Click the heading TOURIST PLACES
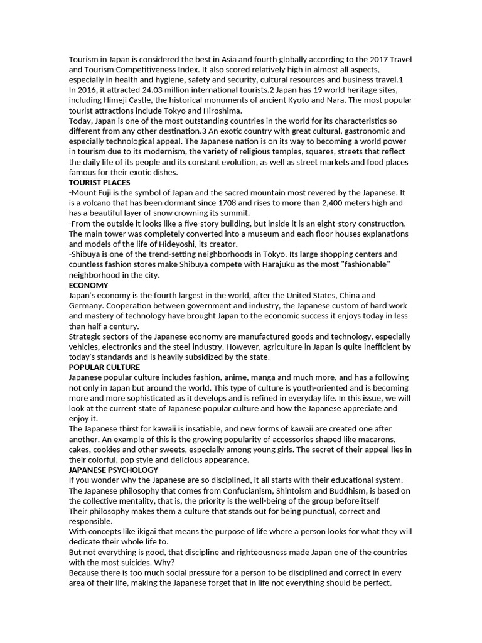(x=99, y=183)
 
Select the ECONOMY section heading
(x=88, y=285)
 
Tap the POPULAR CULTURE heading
(x=104, y=367)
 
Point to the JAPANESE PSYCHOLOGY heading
(x=114, y=470)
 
